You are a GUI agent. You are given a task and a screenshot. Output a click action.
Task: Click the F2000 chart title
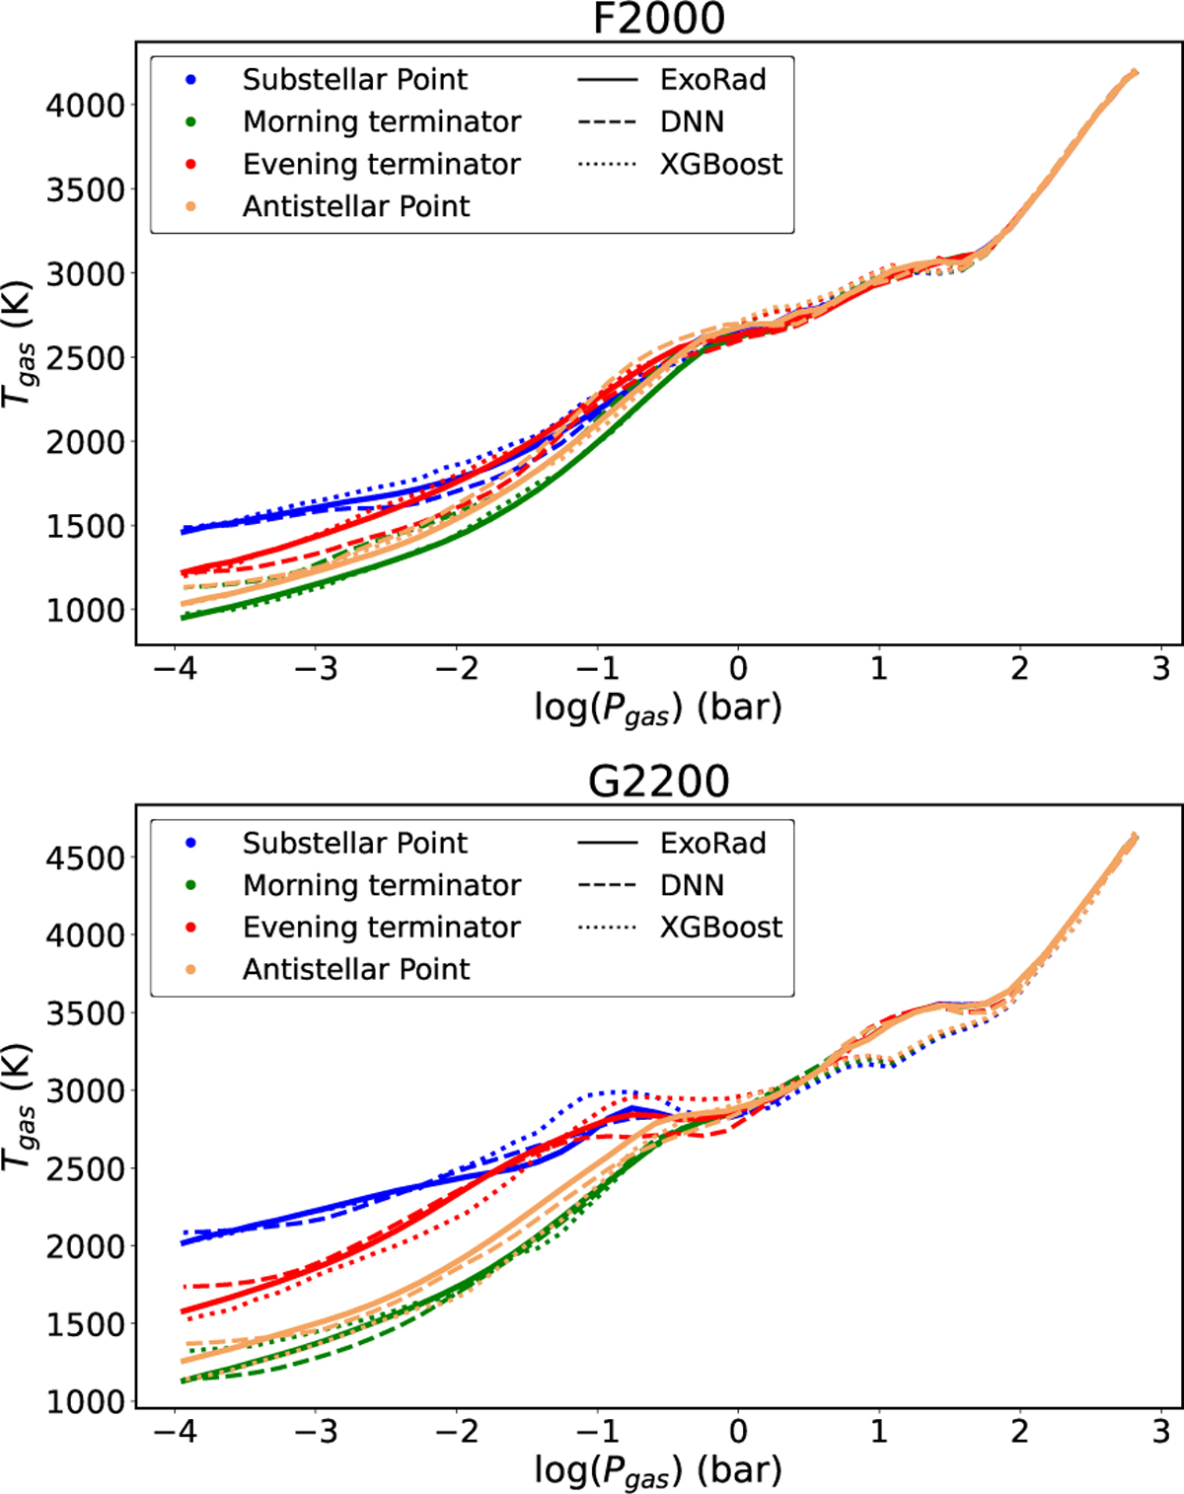(658, 19)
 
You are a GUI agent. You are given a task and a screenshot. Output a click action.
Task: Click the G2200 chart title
(658, 782)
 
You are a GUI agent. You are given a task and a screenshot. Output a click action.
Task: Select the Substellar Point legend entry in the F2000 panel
(355, 80)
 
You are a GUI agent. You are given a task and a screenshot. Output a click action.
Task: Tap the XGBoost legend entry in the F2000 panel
(720, 164)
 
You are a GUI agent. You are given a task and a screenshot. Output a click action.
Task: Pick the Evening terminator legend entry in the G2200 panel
(381, 928)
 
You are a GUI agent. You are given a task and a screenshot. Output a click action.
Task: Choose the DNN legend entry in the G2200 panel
(692, 885)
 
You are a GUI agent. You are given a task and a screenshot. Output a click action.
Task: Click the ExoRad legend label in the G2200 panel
(712, 844)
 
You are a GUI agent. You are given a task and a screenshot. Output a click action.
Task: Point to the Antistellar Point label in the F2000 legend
(356, 206)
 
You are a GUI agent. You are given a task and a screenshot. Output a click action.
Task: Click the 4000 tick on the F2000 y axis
(85, 105)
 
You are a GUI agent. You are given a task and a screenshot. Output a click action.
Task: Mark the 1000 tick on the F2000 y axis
(85, 610)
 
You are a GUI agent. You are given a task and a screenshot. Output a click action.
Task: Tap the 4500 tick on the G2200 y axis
(85, 858)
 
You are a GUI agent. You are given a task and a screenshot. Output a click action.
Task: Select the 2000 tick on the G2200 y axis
(85, 1246)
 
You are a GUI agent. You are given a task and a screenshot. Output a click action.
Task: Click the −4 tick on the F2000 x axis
(175, 669)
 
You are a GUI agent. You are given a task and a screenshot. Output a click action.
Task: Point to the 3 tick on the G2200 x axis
(1160, 1432)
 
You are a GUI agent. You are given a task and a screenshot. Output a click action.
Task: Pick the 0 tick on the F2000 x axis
(738, 669)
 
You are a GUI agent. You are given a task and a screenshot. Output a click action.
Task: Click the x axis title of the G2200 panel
(658, 1470)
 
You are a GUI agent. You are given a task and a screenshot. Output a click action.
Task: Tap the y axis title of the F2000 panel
(20, 344)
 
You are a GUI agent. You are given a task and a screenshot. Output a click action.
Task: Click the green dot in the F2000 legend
(191, 122)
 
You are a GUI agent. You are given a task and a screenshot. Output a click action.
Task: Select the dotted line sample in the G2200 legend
(607, 928)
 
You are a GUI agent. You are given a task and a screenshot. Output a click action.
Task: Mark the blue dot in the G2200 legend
(191, 844)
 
